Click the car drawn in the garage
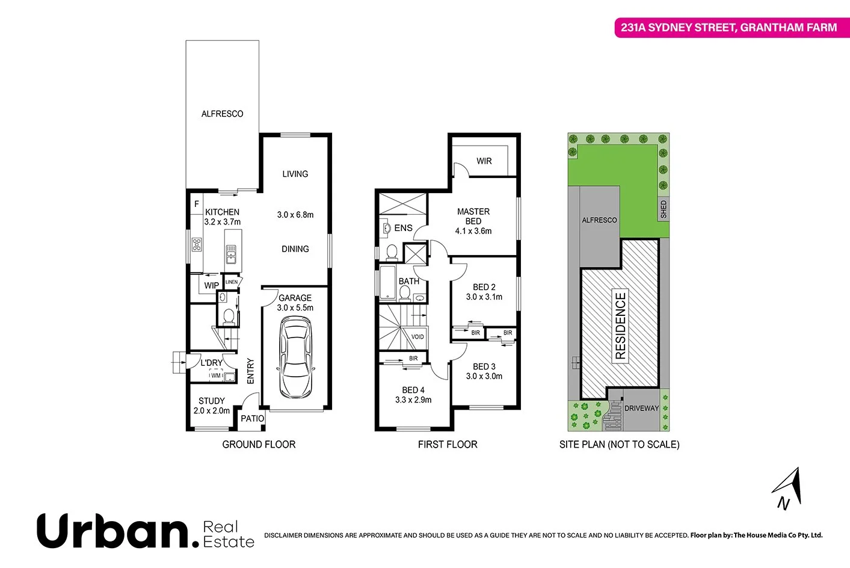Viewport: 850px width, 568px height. click(x=295, y=358)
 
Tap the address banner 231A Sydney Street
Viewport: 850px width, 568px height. click(x=728, y=28)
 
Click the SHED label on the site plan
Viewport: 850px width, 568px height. click(x=664, y=209)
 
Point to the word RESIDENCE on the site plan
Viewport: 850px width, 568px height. click(x=620, y=326)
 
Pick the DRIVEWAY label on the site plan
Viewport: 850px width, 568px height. click(x=641, y=409)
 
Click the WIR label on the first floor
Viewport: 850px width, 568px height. click(x=484, y=161)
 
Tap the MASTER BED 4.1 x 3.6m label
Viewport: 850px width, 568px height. click(x=473, y=221)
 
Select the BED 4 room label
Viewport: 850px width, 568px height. click(x=413, y=395)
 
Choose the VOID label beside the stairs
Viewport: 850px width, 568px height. click(x=417, y=337)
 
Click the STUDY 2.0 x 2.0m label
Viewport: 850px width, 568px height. click(x=212, y=406)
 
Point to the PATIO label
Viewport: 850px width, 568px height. click(x=253, y=419)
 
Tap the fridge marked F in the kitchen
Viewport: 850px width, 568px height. click(x=196, y=205)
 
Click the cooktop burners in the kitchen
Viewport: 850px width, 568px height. click(x=197, y=244)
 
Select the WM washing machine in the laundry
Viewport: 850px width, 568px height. click(x=216, y=376)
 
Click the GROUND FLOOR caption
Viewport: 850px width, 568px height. click(x=259, y=445)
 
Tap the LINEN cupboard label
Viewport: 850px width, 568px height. click(x=232, y=282)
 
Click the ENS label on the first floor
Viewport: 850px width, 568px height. click(x=403, y=228)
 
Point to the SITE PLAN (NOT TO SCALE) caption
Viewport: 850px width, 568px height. click(x=619, y=445)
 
